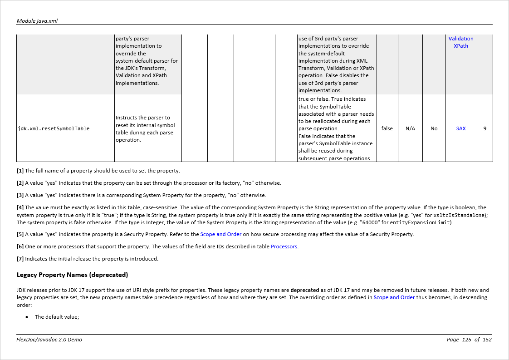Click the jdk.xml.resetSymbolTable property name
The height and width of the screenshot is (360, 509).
(54, 128)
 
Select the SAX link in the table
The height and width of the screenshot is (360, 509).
(461, 128)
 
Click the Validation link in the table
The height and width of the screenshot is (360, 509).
(461, 39)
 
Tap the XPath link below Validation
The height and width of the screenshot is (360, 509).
(461, 46)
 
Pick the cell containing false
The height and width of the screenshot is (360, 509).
(387, 128)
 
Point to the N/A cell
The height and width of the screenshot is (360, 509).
(410, 128)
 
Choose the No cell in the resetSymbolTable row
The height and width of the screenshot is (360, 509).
(434, 128)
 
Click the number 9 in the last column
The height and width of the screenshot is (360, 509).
(485, 128)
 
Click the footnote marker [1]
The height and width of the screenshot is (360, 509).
(20, 171)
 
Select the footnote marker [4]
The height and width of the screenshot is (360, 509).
(20, 207)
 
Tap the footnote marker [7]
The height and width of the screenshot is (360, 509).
(20, 259)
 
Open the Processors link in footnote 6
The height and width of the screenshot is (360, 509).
(284, 247)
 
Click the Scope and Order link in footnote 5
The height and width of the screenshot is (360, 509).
(221, 234)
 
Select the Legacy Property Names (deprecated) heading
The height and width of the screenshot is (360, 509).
(72, 275)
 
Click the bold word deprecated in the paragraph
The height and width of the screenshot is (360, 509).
(305, 290)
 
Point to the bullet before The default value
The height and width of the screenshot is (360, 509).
(27, 317)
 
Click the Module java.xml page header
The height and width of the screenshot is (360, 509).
(37, 21)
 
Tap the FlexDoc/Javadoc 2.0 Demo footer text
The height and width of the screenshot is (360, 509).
(49, 340)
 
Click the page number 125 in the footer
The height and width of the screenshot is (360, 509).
(467, 340)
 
